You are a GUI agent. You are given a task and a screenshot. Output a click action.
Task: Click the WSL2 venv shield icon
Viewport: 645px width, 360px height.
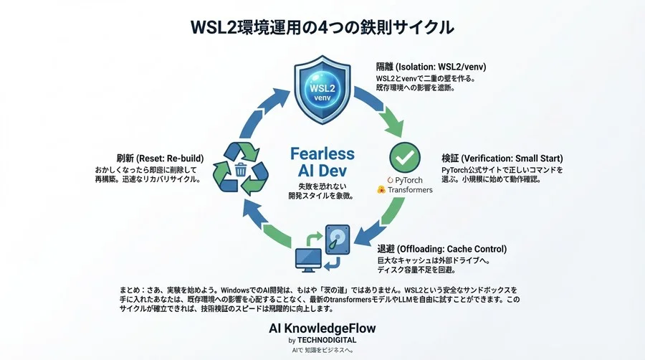322,90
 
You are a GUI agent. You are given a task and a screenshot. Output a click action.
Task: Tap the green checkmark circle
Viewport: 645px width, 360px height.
405,157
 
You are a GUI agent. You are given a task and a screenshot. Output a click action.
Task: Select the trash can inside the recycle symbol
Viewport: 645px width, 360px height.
241,169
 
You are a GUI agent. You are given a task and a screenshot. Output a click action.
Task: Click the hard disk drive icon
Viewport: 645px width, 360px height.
338,240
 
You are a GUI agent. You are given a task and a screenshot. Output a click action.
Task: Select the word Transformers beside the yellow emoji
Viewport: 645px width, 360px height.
410,189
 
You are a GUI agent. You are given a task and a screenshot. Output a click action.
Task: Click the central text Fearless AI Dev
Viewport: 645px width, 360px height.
322,161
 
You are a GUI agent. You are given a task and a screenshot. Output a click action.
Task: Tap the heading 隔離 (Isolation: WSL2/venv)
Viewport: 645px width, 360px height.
431,67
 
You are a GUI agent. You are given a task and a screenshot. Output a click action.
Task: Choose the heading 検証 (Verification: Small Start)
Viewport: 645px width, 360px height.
502,158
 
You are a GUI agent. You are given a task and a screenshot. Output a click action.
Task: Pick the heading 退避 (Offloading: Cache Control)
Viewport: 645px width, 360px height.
441,249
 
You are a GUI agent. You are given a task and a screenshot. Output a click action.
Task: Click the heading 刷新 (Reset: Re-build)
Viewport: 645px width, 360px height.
160,158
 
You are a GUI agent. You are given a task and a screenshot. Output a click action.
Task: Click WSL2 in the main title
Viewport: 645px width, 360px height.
214,27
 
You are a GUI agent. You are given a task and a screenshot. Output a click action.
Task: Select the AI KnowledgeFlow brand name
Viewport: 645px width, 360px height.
322,328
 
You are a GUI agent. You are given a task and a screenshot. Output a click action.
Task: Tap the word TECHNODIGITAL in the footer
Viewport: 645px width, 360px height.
327,340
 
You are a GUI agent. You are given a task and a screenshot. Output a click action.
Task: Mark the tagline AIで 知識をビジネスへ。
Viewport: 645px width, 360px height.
322,351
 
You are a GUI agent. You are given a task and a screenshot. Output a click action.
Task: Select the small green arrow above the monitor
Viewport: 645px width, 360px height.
315,239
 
